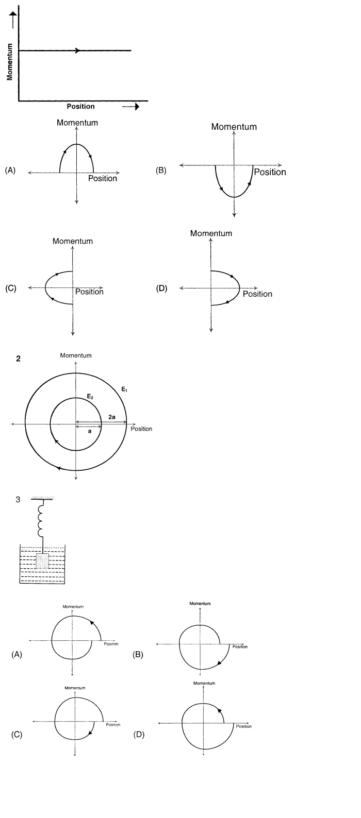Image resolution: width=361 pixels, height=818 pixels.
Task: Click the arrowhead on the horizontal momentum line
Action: pyautogui.click(x=77, y=50)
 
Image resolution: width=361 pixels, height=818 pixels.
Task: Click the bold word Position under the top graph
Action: pyautogui.click(x=80, y=107)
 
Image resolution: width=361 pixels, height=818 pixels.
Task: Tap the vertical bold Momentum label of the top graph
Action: pyautogui.click(x=9, y=61)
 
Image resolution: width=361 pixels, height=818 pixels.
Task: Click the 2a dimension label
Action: pyautogui.click(x=112, y=416)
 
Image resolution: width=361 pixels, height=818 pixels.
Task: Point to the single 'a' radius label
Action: pyautogui.click(x=90, y=432)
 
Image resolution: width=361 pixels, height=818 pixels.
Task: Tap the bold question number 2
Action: pyautogui.click(x=19, y=359)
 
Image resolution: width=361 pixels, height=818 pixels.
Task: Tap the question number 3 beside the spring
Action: pyautogui.click(x=18, y=500)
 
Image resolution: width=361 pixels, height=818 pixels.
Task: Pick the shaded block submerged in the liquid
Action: pyautogui.click(x=42, y=560)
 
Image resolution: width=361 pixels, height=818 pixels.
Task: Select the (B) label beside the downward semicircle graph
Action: pyautogui.click(x=161, y=170)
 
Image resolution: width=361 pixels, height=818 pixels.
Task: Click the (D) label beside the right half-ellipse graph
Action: pyautogui.click(x=161, y=288)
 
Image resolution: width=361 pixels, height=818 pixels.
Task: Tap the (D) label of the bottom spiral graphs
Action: pyautogui.click(x=139, y=735)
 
